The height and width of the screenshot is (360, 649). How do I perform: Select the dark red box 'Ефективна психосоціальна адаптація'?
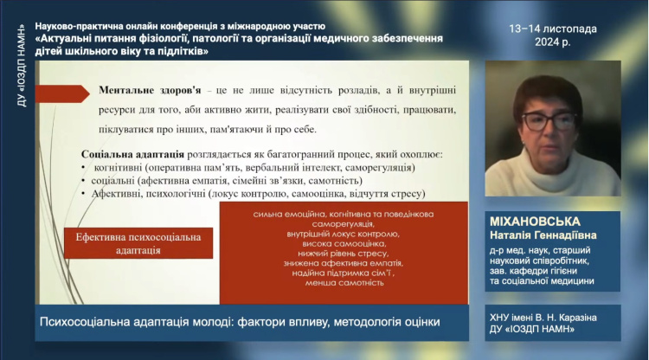(138, 243)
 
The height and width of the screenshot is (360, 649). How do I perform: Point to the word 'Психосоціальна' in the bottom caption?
(87, 322)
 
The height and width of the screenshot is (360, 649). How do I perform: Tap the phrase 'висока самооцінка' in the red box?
(344, 243)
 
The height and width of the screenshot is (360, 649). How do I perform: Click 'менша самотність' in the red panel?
(344, 282)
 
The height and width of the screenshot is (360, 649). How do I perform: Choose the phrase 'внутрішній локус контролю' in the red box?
(344, 234)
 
